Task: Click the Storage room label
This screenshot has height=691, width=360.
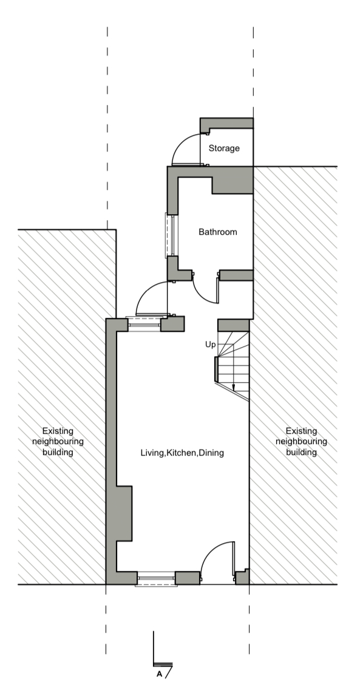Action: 224,148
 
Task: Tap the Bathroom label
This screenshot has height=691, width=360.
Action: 217,232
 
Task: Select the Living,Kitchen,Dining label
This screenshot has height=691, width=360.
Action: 182,453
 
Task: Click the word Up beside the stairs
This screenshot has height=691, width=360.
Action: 211,344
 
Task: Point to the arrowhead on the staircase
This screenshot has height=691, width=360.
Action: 233,388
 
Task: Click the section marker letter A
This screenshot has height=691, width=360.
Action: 159,674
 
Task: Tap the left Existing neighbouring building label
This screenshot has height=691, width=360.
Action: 58,441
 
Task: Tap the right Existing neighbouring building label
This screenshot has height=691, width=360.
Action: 301,441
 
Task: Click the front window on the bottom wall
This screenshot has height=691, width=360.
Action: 156,579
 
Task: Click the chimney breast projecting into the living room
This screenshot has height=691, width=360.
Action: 124,513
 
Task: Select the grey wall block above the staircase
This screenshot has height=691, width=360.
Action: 234,325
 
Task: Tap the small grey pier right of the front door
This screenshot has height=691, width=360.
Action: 242,577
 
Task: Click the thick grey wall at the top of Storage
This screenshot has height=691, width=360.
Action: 227,123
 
